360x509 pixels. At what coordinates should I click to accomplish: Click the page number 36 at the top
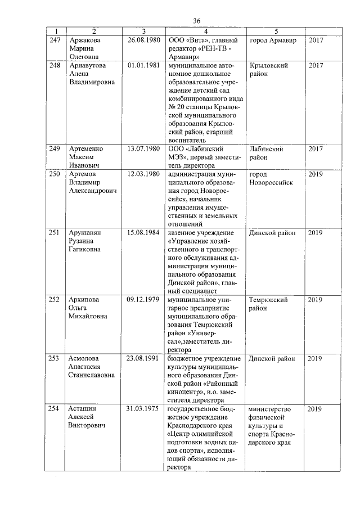click(197, 21)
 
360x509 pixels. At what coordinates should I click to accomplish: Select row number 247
click(55, 40)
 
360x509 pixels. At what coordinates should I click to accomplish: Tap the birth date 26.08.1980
click(144, 40)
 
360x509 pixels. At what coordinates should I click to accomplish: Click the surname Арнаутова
click(87, 66)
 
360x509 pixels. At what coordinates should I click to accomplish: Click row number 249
click(55, 149)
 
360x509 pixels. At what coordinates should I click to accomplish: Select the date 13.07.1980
click(144, 149)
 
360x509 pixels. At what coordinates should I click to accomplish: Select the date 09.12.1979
click(144, 300)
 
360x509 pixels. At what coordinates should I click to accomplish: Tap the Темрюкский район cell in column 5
click(268, 304)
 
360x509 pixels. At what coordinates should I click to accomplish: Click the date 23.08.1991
click(144, 358)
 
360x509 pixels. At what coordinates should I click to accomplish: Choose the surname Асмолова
click(86, 358)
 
